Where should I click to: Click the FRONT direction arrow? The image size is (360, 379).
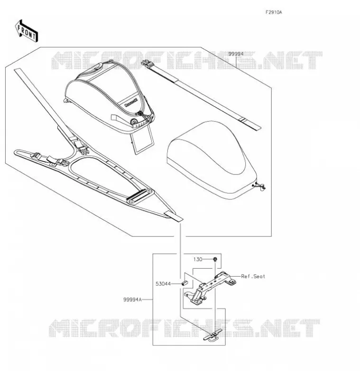click(x=27, y=31)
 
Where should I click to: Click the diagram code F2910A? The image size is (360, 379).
click(x=274, y=12)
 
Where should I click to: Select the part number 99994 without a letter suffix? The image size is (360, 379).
click(x=236, y=54)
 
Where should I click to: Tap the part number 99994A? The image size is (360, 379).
click(x=132, y=300)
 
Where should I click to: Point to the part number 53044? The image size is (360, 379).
click(x=163, y=284)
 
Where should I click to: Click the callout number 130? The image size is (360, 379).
click(x=198, y=259)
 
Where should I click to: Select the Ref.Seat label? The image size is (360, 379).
click(x=253, y=276)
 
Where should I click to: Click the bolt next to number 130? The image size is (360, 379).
click(x=215, y=260)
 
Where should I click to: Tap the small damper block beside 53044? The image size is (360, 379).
click(x=185, y=282)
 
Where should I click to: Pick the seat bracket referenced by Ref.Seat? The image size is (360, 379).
click(x=210, y=288)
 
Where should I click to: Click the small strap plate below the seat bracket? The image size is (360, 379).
click(x=213, y=336)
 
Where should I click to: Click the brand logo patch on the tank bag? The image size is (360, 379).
click(x=131, y=102)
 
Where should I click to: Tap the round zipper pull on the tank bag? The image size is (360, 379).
click(x=133, y=122)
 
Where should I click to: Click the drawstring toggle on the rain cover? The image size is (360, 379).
click(x=261, y=186)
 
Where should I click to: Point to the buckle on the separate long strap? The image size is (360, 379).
click(x=147, y=63)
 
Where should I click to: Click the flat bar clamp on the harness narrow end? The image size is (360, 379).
click(x=141, y=196)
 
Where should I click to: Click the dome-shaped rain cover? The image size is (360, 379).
click(x=211, y=160)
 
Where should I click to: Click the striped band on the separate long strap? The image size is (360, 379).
click(x=242, y=120)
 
